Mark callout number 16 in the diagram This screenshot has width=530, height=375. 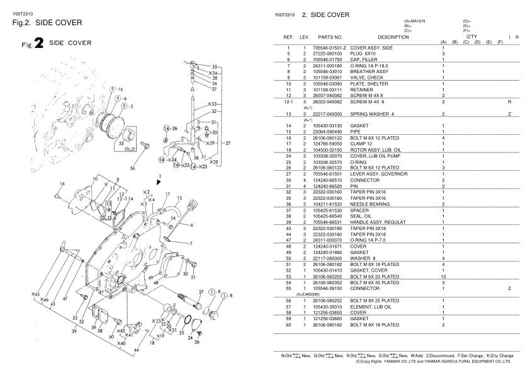61,183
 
